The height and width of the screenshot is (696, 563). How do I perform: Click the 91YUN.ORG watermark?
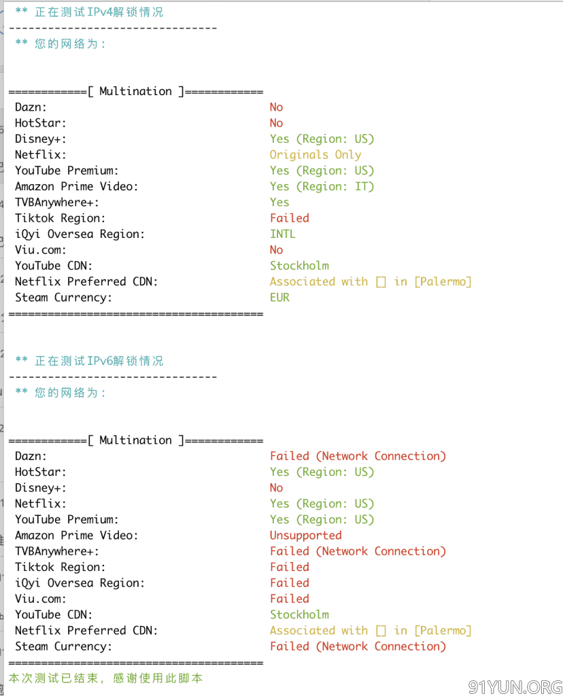click(x=515, y=686)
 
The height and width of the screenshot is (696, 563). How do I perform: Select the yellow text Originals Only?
click(x=315, y=155)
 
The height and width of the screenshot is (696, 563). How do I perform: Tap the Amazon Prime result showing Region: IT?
click(x=322, y=186)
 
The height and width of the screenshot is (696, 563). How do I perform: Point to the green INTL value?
click(x=282, y=234)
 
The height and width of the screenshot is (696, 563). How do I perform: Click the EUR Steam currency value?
click(x=279, y=298)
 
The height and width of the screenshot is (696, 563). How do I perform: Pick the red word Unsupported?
click(x=306, y=536)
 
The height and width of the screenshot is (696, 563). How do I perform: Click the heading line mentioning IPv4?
click(x=89, y=12)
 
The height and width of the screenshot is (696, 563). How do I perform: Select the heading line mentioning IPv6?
click(x=89, y=361)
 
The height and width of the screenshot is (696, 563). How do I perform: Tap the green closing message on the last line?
click(x=105, y=678)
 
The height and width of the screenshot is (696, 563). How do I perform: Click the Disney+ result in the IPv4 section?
click(x=322, y=139)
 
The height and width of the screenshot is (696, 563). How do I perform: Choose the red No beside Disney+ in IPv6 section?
click(x=276, y=488)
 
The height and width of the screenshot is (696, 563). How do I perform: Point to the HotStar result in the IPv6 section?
click(x=322, y=472)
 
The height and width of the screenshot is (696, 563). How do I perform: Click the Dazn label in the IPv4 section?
click(x=31, y=107)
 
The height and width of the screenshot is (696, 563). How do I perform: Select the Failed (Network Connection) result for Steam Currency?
click(x=358, y=646)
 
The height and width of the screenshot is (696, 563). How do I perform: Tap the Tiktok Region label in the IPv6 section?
click(x=61, y=568)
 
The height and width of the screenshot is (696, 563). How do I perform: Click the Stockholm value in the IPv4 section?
click(x=299, y=266)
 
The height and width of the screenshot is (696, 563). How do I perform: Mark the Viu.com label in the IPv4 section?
click(x=40, y=250)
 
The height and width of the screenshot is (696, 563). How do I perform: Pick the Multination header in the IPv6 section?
click(x=136, y=440)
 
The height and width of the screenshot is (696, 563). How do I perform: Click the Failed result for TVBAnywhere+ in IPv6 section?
click(x=358, y=551)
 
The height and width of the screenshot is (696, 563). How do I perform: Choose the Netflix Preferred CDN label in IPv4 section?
click(x=86, y=282)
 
